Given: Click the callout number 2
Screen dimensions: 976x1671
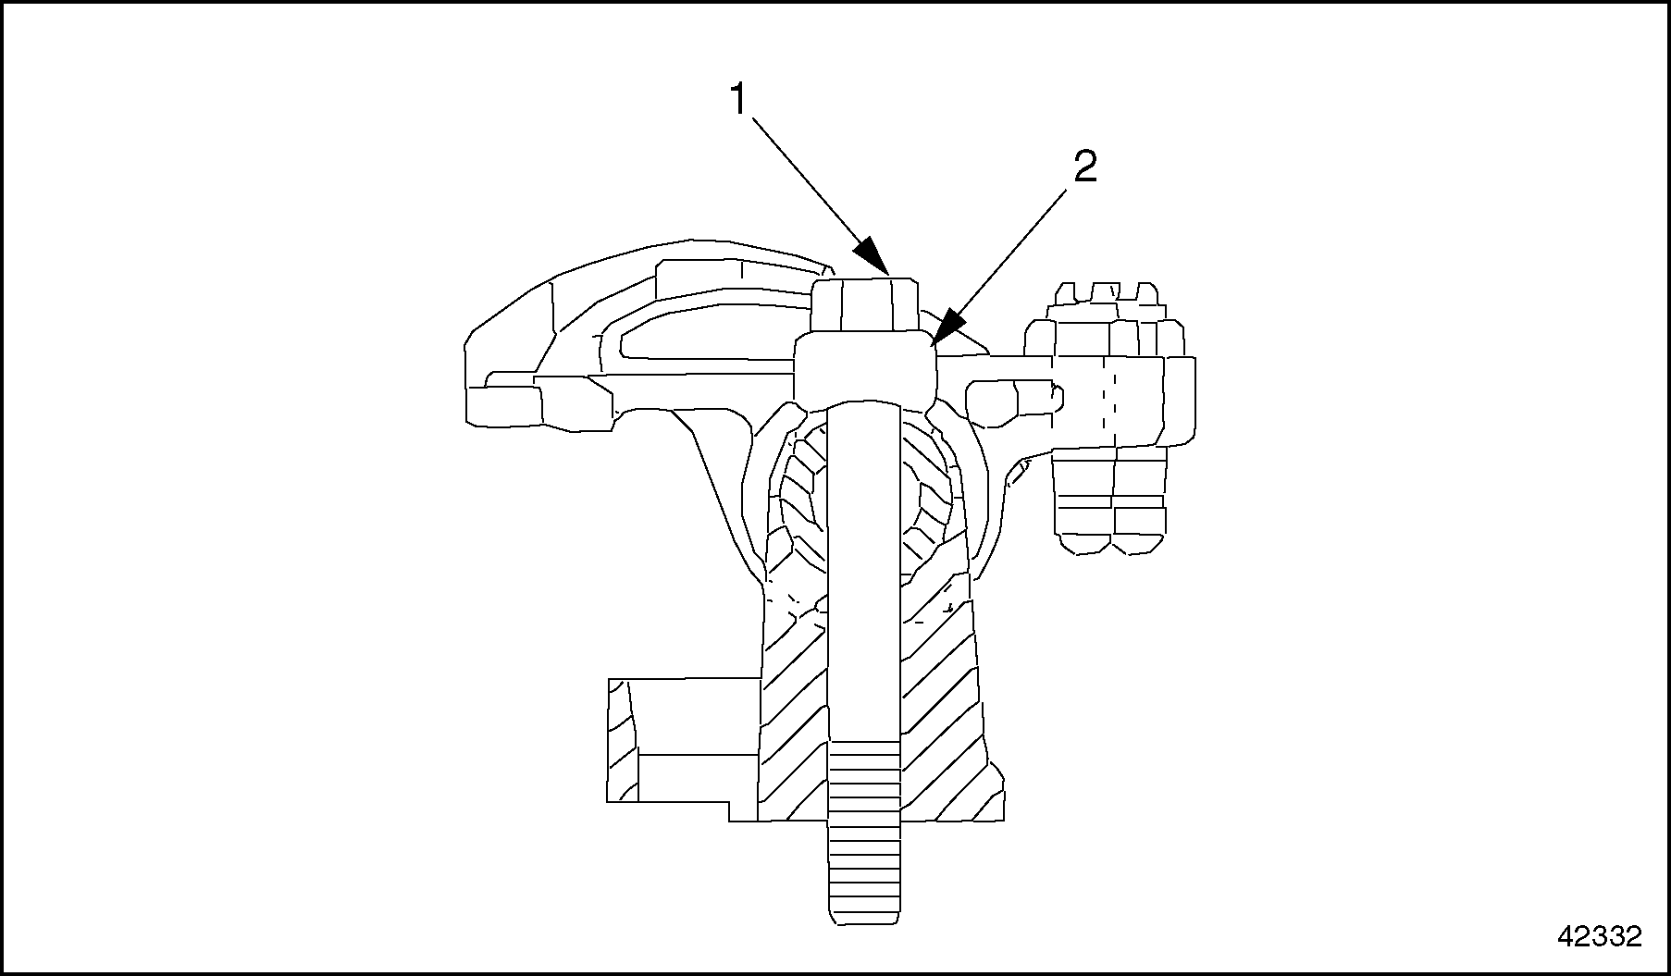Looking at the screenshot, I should (x=1084, y=167).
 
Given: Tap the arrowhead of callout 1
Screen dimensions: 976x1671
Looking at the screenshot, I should (x=873, y=256).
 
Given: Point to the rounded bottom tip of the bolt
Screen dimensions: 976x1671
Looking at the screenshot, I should (x=864, y=917).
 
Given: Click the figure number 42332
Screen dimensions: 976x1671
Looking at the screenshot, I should (x=1599, y=936).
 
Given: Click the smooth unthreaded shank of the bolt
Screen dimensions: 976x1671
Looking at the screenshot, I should (x=864, y=574).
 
